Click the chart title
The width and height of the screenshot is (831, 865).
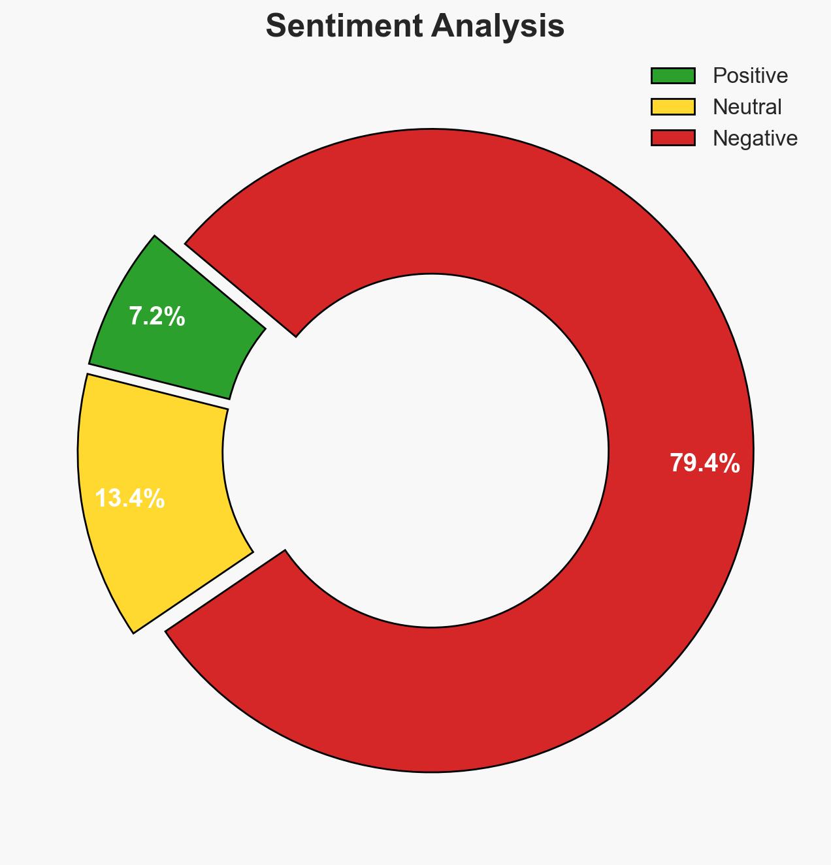(x=415, y=27)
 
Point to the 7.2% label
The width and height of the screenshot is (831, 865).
(x=157, y=317)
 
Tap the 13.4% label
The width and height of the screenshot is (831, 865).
(x=130, y=499)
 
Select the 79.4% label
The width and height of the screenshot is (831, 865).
(x=704, y=464)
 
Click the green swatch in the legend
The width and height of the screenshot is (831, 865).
(x=673, y=76)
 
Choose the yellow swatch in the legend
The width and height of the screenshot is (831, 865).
(x=673, y=107)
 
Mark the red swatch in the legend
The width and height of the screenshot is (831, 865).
(x=673, y=138)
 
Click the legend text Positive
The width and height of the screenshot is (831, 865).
(x=750, y=76)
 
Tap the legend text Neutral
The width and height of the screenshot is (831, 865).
(x=747, y=107)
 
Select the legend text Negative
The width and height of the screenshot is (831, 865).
(x=755, y=138)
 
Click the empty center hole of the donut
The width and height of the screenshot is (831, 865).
(x=415, y=450)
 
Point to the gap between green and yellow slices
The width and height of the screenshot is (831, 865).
(x=157, y=386)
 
